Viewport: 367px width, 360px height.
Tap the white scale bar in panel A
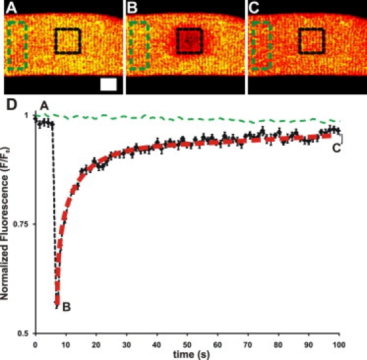coord(108,84)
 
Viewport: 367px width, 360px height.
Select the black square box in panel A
coord(68,41)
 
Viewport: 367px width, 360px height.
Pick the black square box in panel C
coord(311,41)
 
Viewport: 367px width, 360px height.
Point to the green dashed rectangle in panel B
coord(139,45)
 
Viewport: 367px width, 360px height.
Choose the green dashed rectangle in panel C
coord(261,45)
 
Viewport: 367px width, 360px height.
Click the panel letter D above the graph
coord(9,104)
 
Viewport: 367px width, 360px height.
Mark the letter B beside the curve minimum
coord(66,304)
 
